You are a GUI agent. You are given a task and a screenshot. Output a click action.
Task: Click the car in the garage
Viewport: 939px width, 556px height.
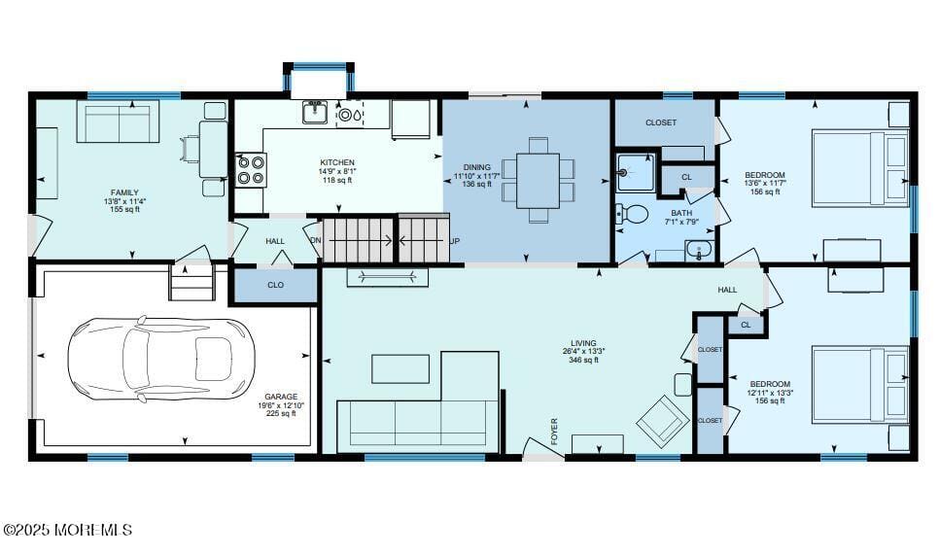(x=160, y=358)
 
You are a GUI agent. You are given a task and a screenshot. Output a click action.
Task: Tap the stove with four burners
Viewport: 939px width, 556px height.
(x=251, y=170)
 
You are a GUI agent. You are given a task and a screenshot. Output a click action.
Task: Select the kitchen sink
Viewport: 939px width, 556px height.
(x=314, y=113)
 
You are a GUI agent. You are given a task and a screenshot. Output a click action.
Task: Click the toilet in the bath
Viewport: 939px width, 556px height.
(x=635, y=213)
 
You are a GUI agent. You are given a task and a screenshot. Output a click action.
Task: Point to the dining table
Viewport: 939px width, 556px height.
(x=538, y=180)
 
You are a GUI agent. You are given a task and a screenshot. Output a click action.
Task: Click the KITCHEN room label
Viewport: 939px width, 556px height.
(x=337, y=162)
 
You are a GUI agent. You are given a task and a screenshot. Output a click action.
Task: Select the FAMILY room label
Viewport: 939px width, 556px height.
(x=124, y=192)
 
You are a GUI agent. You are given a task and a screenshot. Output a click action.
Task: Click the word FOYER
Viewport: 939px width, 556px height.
(x=555, y=432)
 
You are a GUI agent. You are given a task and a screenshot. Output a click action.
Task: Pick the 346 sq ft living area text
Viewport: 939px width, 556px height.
(x=584, y=361)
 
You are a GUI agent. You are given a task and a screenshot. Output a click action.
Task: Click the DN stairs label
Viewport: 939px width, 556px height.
(x=315, y=240)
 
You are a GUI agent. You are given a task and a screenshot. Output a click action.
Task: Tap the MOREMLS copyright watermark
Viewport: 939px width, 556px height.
(x=67, y=530)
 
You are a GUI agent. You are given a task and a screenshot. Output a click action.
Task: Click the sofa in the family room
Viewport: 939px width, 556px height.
(x=118, y=122)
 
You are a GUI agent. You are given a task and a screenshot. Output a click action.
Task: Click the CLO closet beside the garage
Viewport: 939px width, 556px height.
(x=275, y=286)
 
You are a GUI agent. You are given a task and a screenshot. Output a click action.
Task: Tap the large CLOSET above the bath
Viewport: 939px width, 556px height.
(x=661, y=123)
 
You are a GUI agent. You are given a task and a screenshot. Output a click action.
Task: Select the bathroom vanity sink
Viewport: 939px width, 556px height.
(x=700, y=250)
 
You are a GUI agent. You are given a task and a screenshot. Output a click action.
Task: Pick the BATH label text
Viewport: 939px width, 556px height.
(x=680, y=212)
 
